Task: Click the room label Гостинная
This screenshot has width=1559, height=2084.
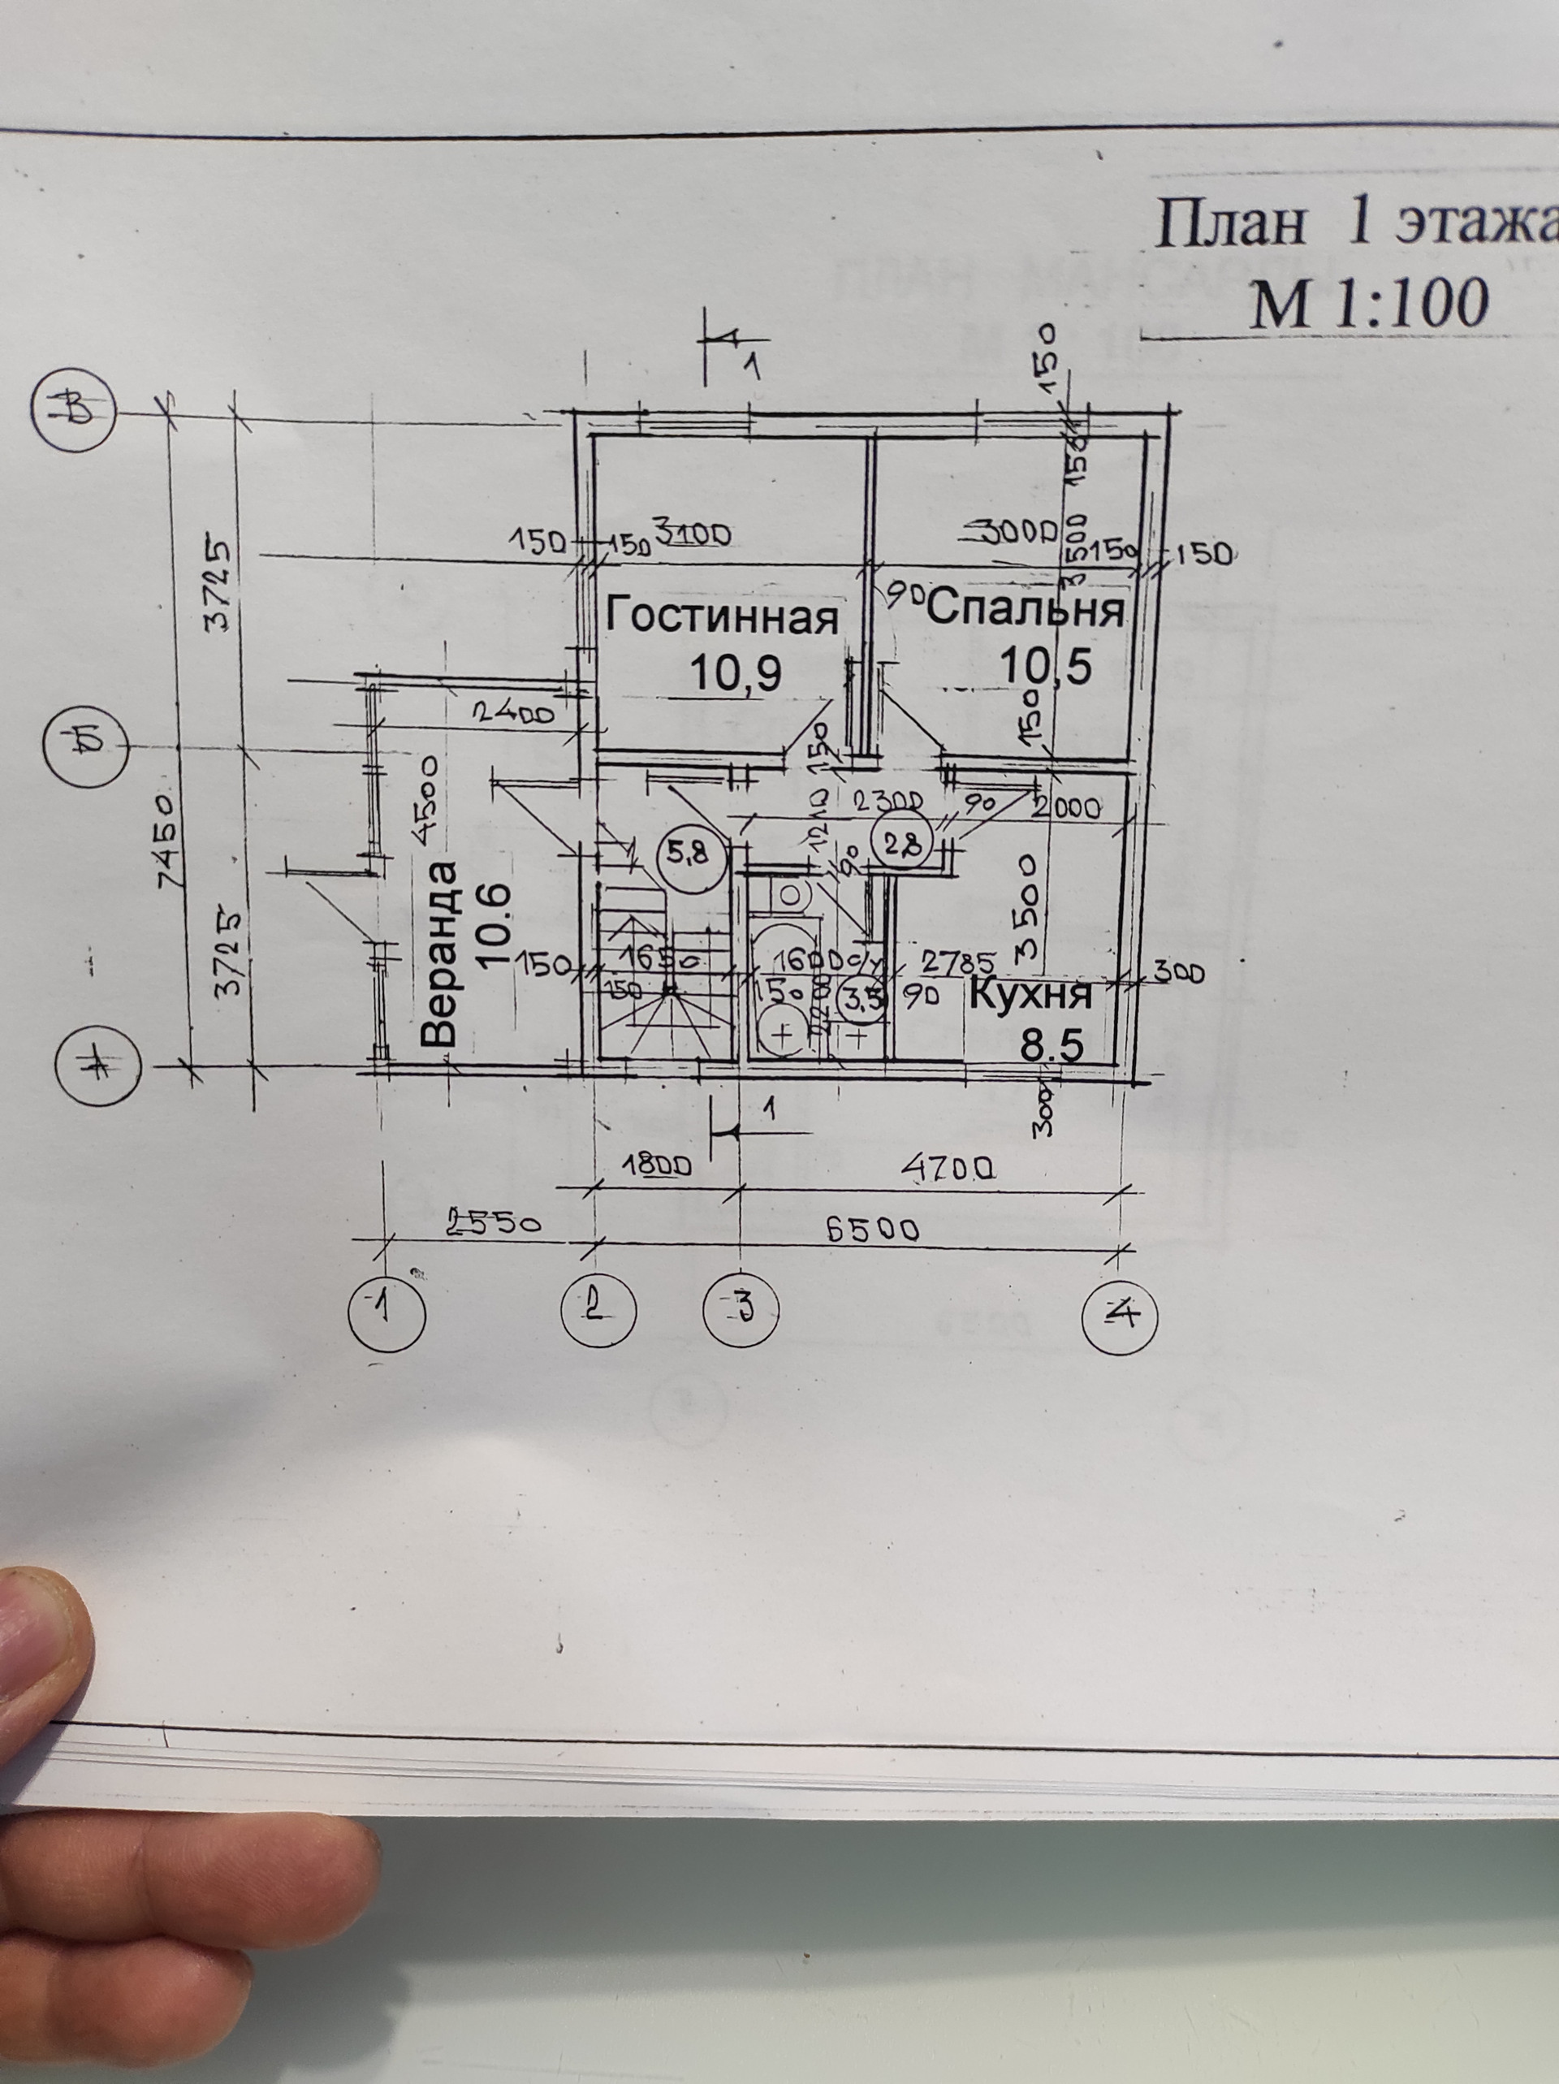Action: click(722, 617)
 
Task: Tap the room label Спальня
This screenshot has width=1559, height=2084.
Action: click(1027, 611)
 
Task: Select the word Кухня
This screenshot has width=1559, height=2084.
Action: click(1030, 996)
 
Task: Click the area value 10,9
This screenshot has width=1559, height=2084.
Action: click(735, 672)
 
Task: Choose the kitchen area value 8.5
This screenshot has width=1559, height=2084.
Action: click(1052, 1044)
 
